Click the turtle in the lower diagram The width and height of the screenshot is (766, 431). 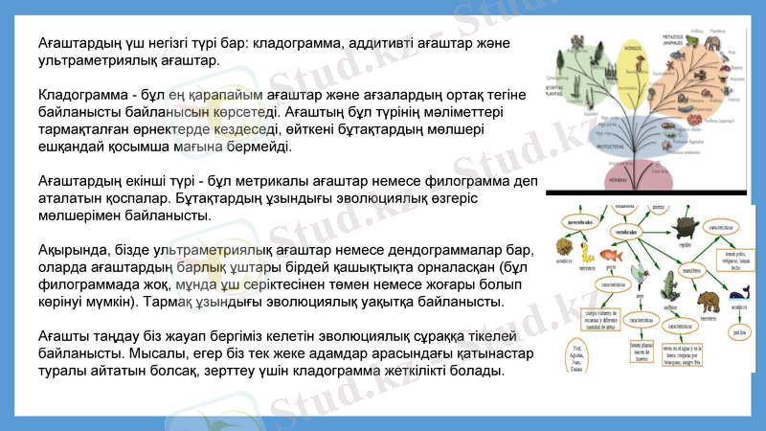686,228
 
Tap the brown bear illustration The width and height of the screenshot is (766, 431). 708,301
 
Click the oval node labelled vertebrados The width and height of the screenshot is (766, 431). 628,232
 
